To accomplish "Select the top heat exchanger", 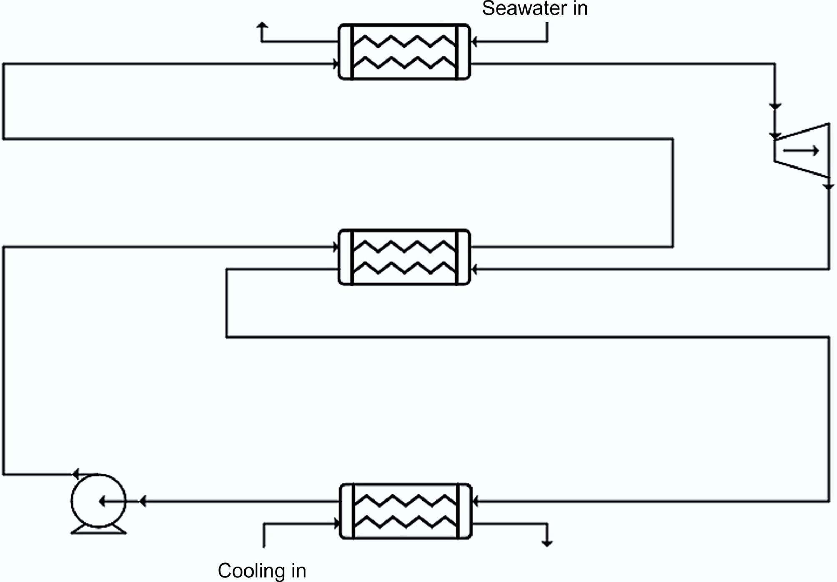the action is [404, 52].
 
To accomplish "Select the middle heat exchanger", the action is [404, 257].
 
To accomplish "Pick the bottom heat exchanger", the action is [406, 511].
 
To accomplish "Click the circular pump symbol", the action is [98, 501].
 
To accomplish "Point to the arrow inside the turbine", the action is [801, 151].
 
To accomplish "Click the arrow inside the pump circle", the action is [112, 502].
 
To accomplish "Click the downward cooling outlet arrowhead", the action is [547, 543].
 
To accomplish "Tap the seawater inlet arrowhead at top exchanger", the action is [474, 42].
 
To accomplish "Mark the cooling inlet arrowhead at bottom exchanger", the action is [337, 524].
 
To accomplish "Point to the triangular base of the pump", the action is [99, 529].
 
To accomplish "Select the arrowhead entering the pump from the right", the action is [142, 501].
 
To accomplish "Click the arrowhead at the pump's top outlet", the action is [75, 474].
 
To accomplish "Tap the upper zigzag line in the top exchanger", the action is [404, 42].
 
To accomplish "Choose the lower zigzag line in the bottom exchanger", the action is [406, 522].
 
